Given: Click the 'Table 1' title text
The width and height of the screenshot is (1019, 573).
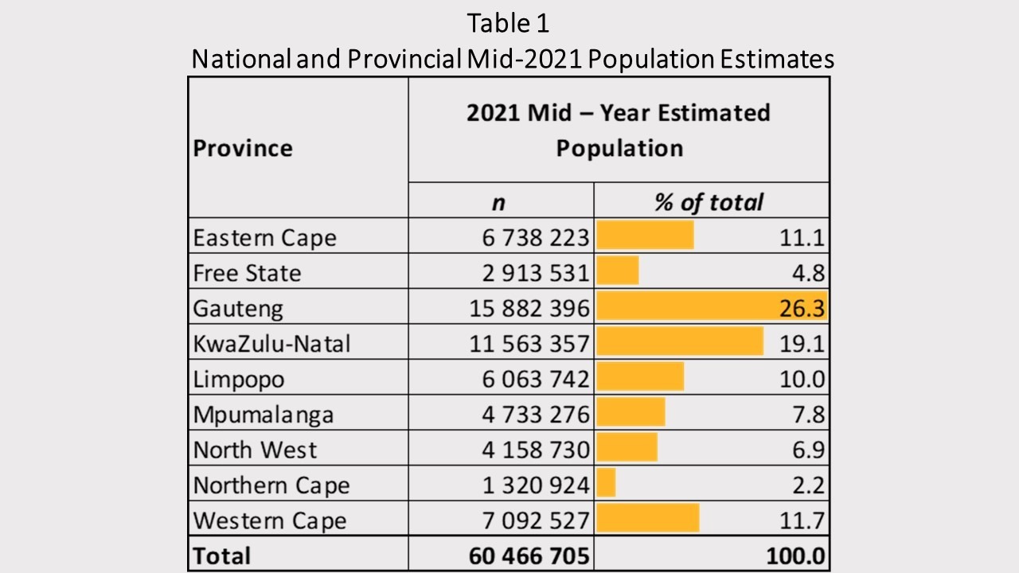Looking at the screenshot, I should click(x=509, y=23).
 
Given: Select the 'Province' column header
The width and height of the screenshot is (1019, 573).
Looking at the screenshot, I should click(x=243, y=148).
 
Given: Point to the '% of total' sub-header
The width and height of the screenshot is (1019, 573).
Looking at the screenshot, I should click(x=709, y=202).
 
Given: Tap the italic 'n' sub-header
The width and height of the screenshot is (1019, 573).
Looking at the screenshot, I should click(x=498, y=202).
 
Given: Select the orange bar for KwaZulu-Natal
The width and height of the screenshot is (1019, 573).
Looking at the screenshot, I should click(x=680, y=342).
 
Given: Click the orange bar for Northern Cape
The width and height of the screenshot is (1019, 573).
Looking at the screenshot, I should click(x=607, y=483).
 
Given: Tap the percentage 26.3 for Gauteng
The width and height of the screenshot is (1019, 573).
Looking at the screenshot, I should click(x=802, y=308).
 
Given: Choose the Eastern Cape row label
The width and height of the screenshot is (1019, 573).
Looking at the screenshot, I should click(x=264, y=237).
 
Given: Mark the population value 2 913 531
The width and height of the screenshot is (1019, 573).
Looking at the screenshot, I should click(x=529, y=273).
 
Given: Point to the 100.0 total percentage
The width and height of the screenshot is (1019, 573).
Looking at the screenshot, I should click(x=795, y=555).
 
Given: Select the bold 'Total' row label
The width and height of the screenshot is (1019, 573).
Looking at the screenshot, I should click(x=222, y=555).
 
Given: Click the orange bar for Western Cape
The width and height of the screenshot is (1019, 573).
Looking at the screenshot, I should click(x=648, y=518).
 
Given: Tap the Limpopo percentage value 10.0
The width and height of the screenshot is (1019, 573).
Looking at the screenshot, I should click(x=802, y=379).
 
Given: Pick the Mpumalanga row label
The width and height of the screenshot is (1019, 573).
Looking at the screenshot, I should click(x=264, y=414).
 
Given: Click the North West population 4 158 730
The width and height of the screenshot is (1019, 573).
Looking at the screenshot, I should click(x=529, y=449).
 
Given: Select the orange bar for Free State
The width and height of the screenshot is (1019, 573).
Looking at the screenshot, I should click(x=618, y=271).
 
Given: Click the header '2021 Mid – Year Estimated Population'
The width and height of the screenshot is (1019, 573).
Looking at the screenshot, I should click(x=619, y=130).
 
